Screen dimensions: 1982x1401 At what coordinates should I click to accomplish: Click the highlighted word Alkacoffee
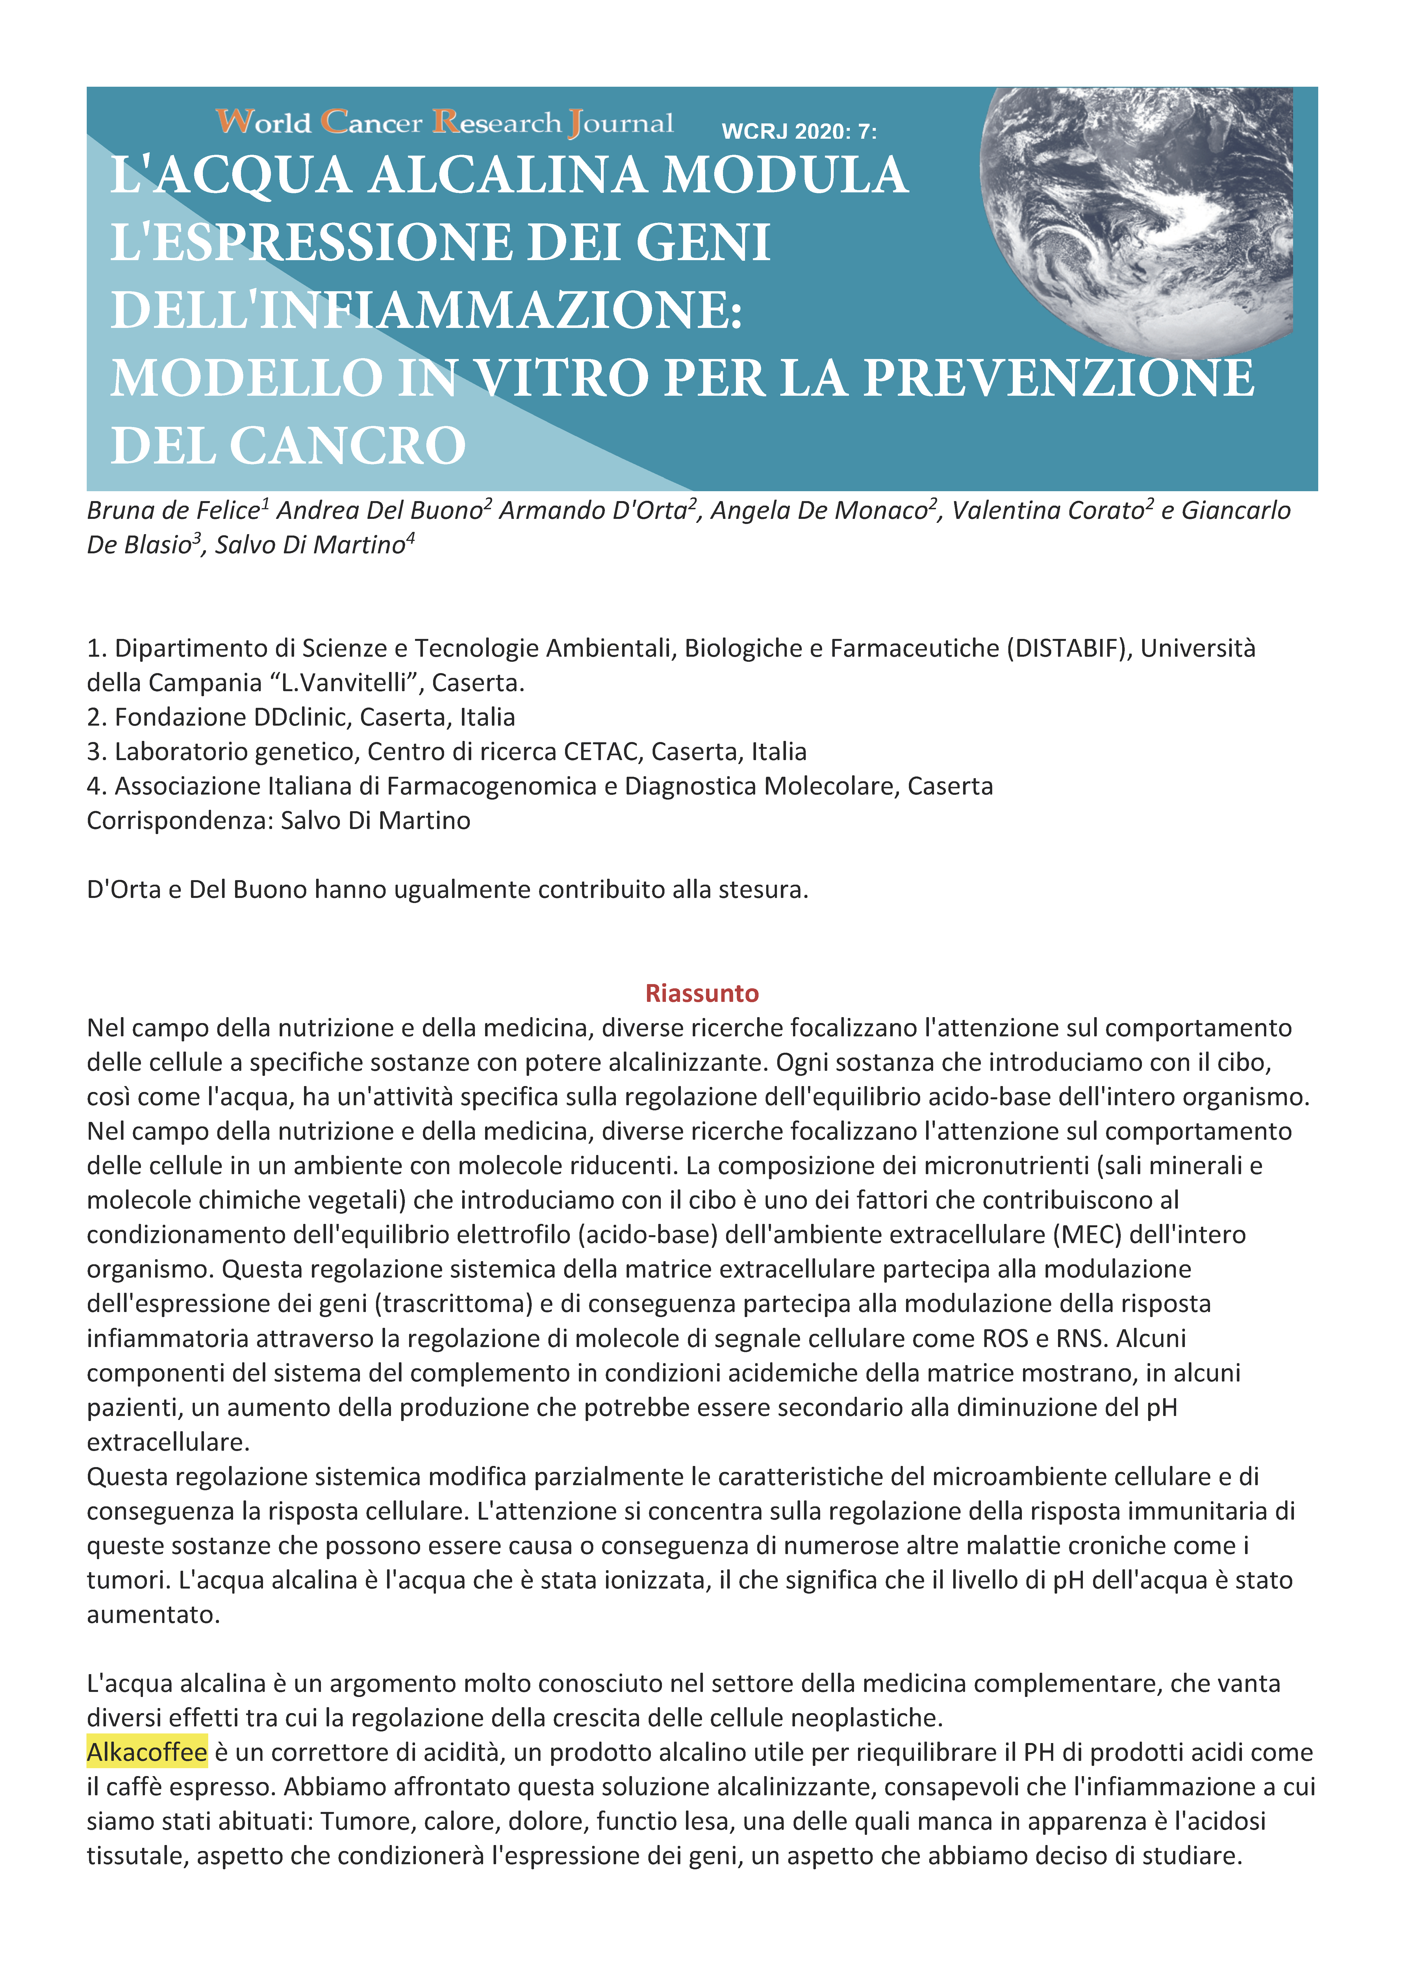click(147, 1752)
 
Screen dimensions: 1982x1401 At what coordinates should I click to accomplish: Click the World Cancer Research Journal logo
click(445, 123)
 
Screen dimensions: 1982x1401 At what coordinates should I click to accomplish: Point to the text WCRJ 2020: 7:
click(798, 132)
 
